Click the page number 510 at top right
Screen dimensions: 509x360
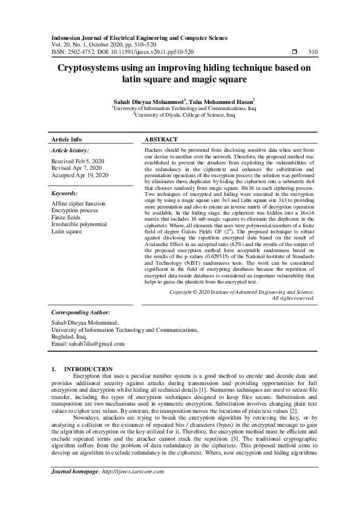pyautogui.click(x=313, y=53)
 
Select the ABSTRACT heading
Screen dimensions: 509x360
pyautogui.click(x=160, y=139)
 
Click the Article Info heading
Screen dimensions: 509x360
pyautogui.click(x=67, y=139)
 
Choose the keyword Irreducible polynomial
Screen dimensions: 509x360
pyautogui.click(x=79, y=224)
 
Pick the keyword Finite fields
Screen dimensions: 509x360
pyautogui.click(x=68, y=218)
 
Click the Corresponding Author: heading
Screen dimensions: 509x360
pyautogui.click(x=80, y=314)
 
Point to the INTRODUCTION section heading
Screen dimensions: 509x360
pyautogui.click(x=88, y=369)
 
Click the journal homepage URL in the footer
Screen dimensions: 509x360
pyautogui.click(x=133, y=472)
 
